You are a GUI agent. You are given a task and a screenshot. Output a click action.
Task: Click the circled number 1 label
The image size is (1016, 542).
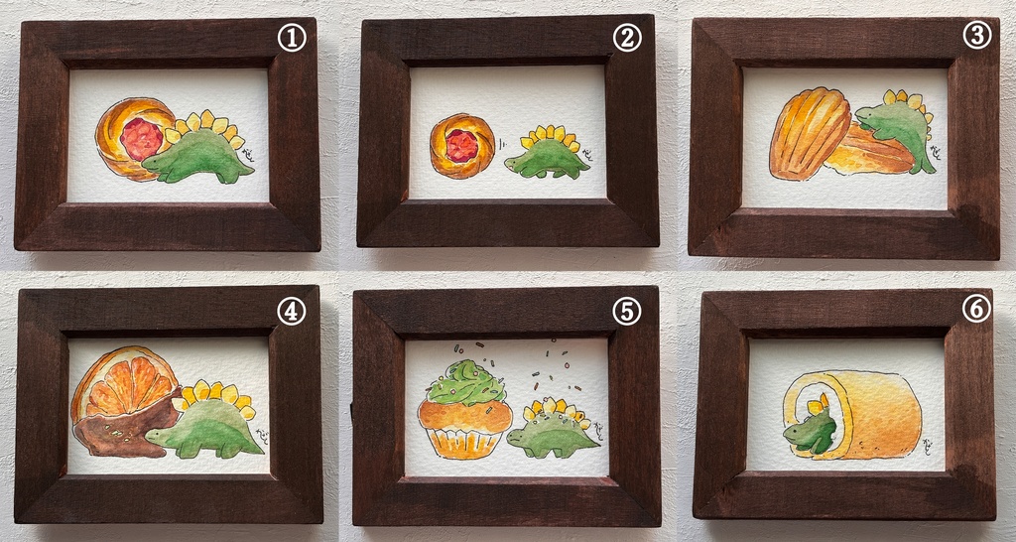[x=292, y=40]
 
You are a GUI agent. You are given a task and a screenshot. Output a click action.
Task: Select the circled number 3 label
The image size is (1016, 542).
[x=977, y=37]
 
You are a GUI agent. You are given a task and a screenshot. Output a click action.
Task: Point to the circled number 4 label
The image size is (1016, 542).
[x=292, y=311]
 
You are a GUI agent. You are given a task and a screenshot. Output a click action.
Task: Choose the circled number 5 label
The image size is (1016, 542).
[x=627, y=311]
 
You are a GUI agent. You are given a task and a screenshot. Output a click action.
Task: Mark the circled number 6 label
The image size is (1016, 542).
[x=976, y=310]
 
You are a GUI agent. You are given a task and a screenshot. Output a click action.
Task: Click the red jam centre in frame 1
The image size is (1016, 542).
[x=142, y=138]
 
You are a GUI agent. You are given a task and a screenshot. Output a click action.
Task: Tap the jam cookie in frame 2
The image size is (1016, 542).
[x=461, y=146]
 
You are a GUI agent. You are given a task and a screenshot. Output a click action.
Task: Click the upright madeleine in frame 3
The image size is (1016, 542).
[x=809, y=133]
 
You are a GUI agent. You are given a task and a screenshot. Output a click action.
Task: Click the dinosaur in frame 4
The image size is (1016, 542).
[x=207, y=425]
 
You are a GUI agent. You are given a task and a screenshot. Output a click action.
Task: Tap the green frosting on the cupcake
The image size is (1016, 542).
[x=464, y=381]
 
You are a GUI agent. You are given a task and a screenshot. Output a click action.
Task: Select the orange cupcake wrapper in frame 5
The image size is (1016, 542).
[x=462, y=440]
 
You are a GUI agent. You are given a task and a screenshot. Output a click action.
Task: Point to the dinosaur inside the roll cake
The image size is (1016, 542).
[x=812, y=429]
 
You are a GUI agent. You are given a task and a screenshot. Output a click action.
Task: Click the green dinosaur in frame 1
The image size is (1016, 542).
[x=198, y=158]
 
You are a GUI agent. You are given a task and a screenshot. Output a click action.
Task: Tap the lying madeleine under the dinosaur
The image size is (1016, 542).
[x=865, y=155]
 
